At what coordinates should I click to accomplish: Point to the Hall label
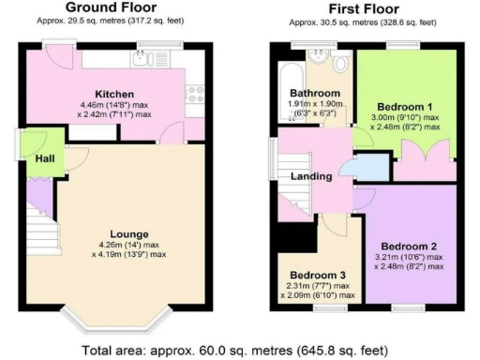pos(43,158)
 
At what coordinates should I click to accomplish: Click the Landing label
pos(310,176)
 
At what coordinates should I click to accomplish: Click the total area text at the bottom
pos(240,348)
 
